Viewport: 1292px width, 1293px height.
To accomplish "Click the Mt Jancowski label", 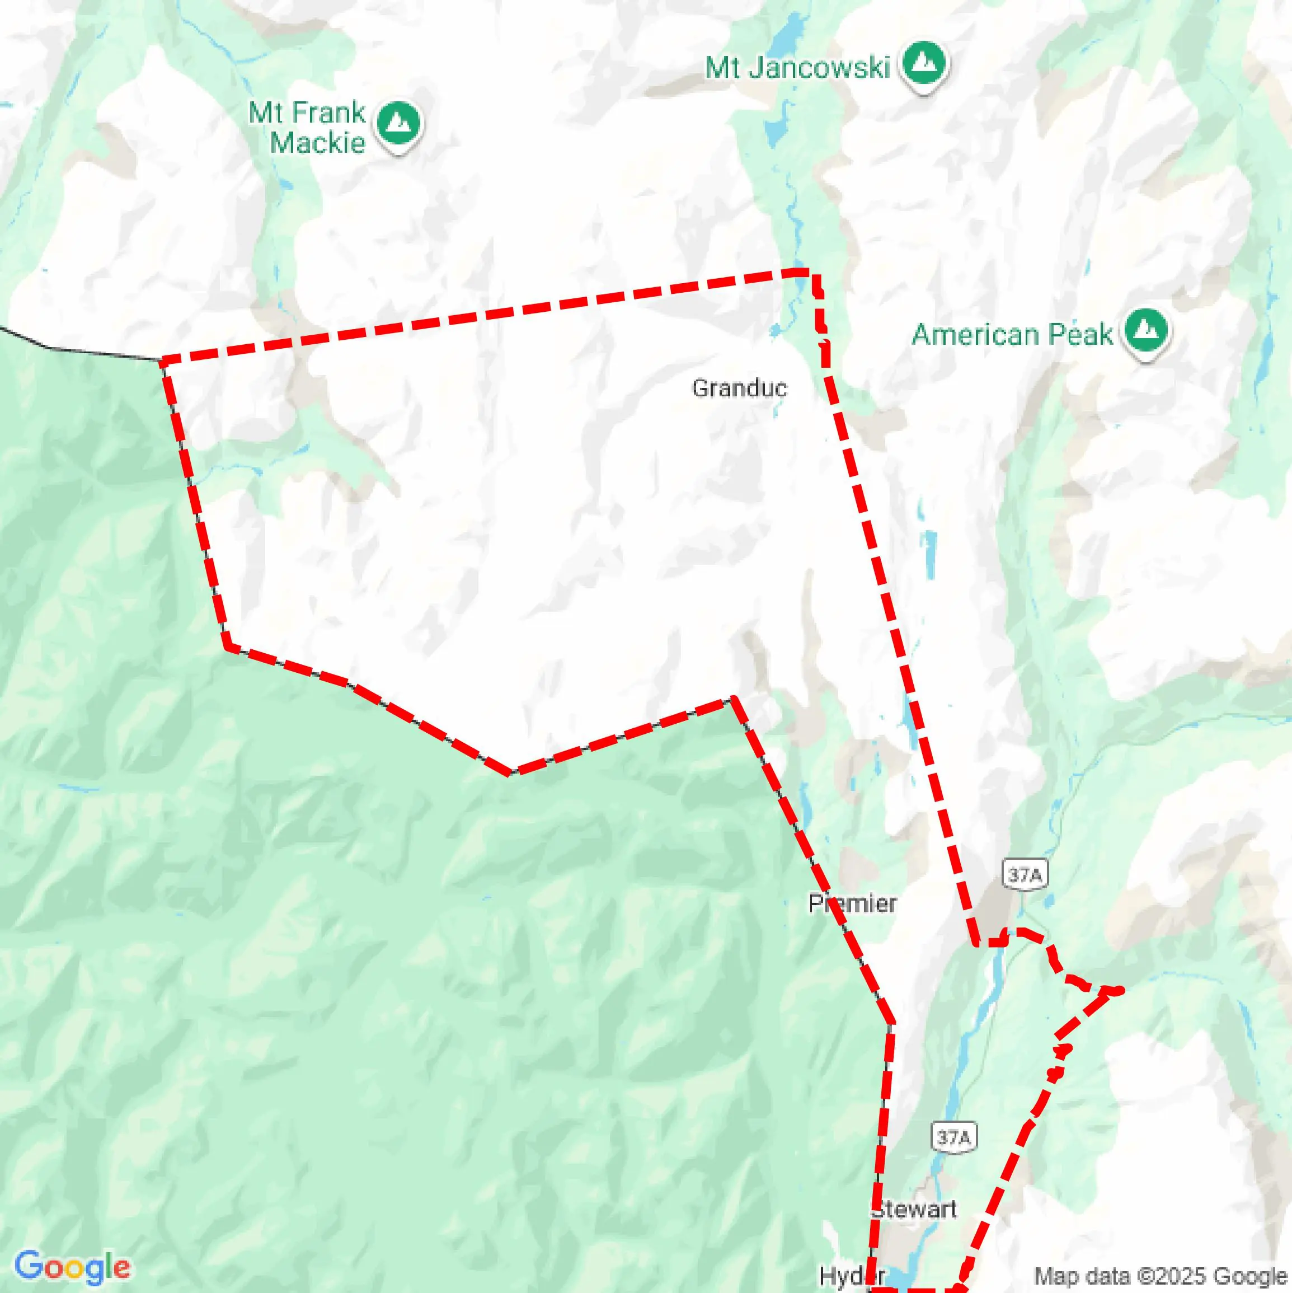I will pyautogui.click(x=797, y=68).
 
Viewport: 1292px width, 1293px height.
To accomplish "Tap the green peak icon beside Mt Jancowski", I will pyautogui.click(x=924, y=64).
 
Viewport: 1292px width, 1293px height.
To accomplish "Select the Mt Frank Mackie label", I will pyautogui.click(x=307, y=127).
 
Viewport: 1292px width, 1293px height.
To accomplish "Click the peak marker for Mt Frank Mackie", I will pyautogui.click(x=399, y=124).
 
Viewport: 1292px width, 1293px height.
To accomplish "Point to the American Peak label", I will pyautogui.click(x=1012, y=334).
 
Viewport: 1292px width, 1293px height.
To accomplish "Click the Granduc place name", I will pyautogui.click(x=739, y=388).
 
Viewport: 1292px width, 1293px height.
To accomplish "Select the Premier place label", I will pyautogui.click(x=852, y=903).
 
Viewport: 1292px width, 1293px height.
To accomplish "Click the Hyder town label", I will pyautogui.click(x=852, y=1276).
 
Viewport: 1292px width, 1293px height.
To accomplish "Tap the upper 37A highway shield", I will pyautogui.click(x=1025, y=875).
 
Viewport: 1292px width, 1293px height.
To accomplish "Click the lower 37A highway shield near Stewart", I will pyautogui.click(x=953, y=1137).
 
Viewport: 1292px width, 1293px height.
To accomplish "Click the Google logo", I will pyautogui.click(x=72, y=1267).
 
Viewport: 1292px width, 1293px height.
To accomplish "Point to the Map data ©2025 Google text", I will pyautogui.click(x=1161, y=1277).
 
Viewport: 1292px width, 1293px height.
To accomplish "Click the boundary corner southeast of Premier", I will pyautogui.click(x=891, y=1023).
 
